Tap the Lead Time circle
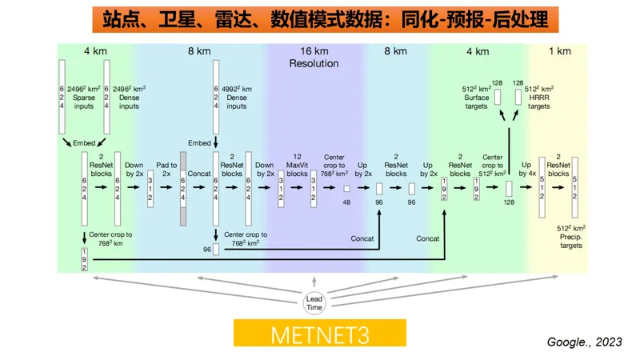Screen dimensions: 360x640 [x=314, y=302]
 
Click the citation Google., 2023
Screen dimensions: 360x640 [x=584, y=342]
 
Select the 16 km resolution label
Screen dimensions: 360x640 [x=314, y=50]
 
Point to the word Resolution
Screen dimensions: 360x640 [x=314, y=63]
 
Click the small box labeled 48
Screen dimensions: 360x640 [x=346, y=189]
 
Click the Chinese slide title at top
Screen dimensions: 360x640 [x=320, y=17]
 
